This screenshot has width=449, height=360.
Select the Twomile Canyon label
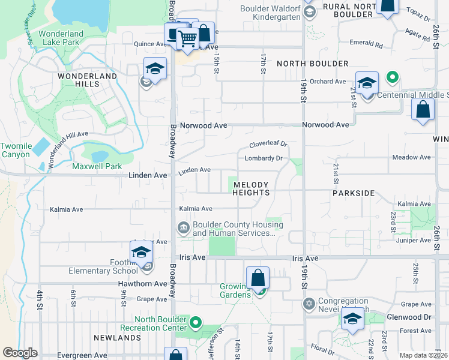click(15, 150)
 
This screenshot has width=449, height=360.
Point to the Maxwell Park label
click(97, 166)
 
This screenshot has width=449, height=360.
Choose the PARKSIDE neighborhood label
click(354, 194)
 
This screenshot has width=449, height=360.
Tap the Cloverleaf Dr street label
click(269, 145)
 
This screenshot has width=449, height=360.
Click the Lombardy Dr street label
click(264, 158)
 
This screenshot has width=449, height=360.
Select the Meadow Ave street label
click(411, 157)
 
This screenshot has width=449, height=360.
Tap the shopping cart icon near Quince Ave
click(188, 38)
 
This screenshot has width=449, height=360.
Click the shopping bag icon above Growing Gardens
click(258, 278)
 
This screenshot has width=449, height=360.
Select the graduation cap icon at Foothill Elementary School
click(142, 252)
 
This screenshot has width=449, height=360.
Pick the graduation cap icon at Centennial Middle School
click(367, 83)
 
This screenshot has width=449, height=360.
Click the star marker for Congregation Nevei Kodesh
click(309, 304)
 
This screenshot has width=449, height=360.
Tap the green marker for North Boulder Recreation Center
click(196, 323)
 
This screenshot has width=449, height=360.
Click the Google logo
click(20, 353)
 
